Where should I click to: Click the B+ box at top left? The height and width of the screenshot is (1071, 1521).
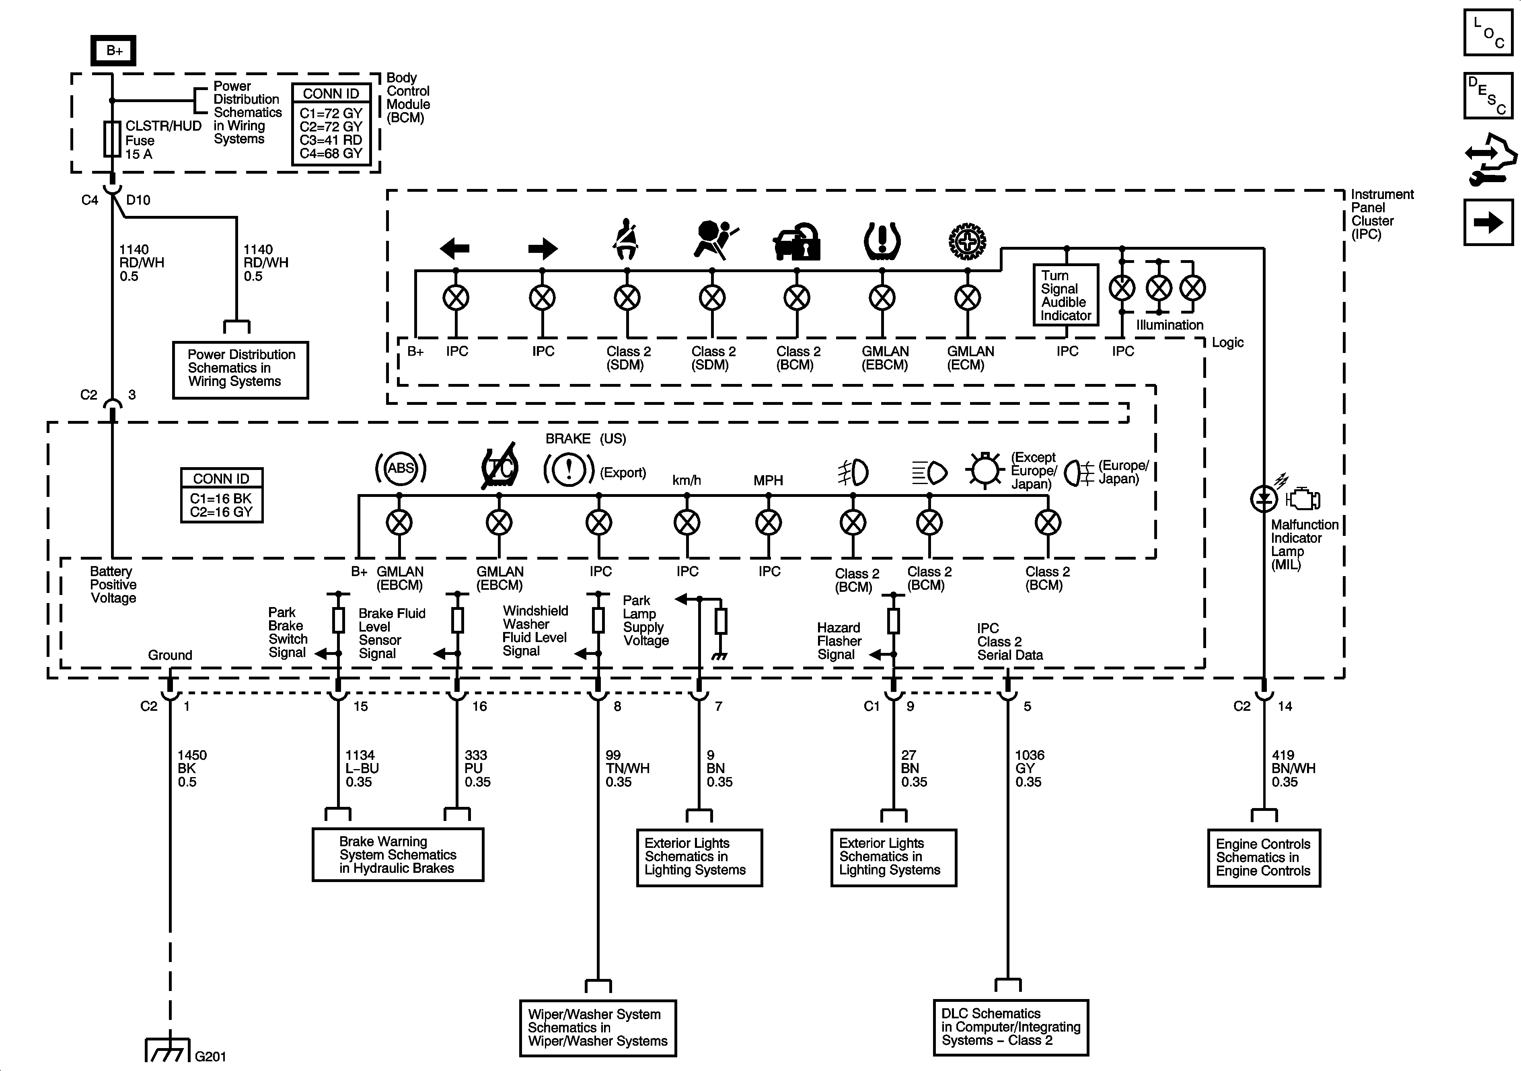click(113, 50)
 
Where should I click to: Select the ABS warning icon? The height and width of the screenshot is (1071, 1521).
click(401, 469)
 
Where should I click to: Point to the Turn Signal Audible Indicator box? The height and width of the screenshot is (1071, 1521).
click(1065, 295)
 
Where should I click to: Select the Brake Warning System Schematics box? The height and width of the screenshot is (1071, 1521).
click(397, 854)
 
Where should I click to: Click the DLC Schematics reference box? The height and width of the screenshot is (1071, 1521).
click(1010, 1027)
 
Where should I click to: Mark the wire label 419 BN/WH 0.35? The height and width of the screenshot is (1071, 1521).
click(1293, 768)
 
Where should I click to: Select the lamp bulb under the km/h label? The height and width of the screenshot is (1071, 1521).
click(687, 523)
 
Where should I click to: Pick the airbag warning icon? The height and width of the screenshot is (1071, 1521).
click(714, 239)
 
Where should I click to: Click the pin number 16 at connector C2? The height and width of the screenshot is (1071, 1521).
click(479, 706)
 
